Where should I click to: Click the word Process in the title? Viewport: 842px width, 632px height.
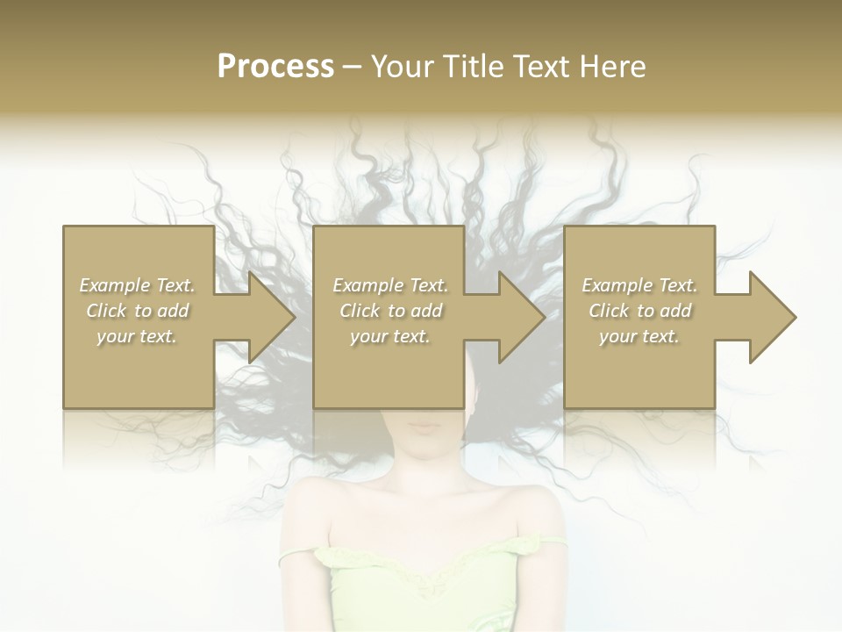[x=275, y=67]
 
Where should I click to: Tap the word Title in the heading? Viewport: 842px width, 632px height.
[x=474, y=67]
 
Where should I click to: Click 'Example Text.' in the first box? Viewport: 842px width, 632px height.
[x=137, y=285]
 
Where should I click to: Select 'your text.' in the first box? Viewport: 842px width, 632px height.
[x=137, y=336]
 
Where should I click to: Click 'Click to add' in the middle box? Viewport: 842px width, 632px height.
[x=390, y=311]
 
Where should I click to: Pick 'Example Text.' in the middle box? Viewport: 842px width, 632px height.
[x=390, y=285]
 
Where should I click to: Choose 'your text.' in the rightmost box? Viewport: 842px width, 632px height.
[x=639, y=336]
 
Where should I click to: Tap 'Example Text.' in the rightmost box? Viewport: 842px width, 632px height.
[x=639, y=285]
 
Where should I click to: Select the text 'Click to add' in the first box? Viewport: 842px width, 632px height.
[x=137, y=311]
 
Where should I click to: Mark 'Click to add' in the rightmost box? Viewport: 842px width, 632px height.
[x=639, y=311]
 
